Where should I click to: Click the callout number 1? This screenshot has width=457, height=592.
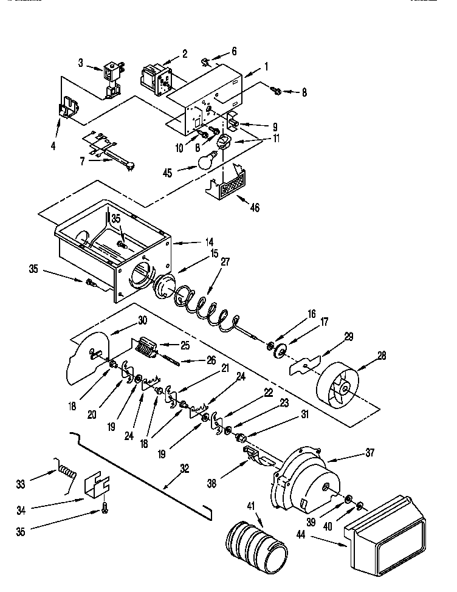(x=266, y=66)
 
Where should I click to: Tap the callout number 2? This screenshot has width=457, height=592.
(x=185, y=55)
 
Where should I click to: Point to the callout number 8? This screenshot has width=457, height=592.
(x=304, y=92)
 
